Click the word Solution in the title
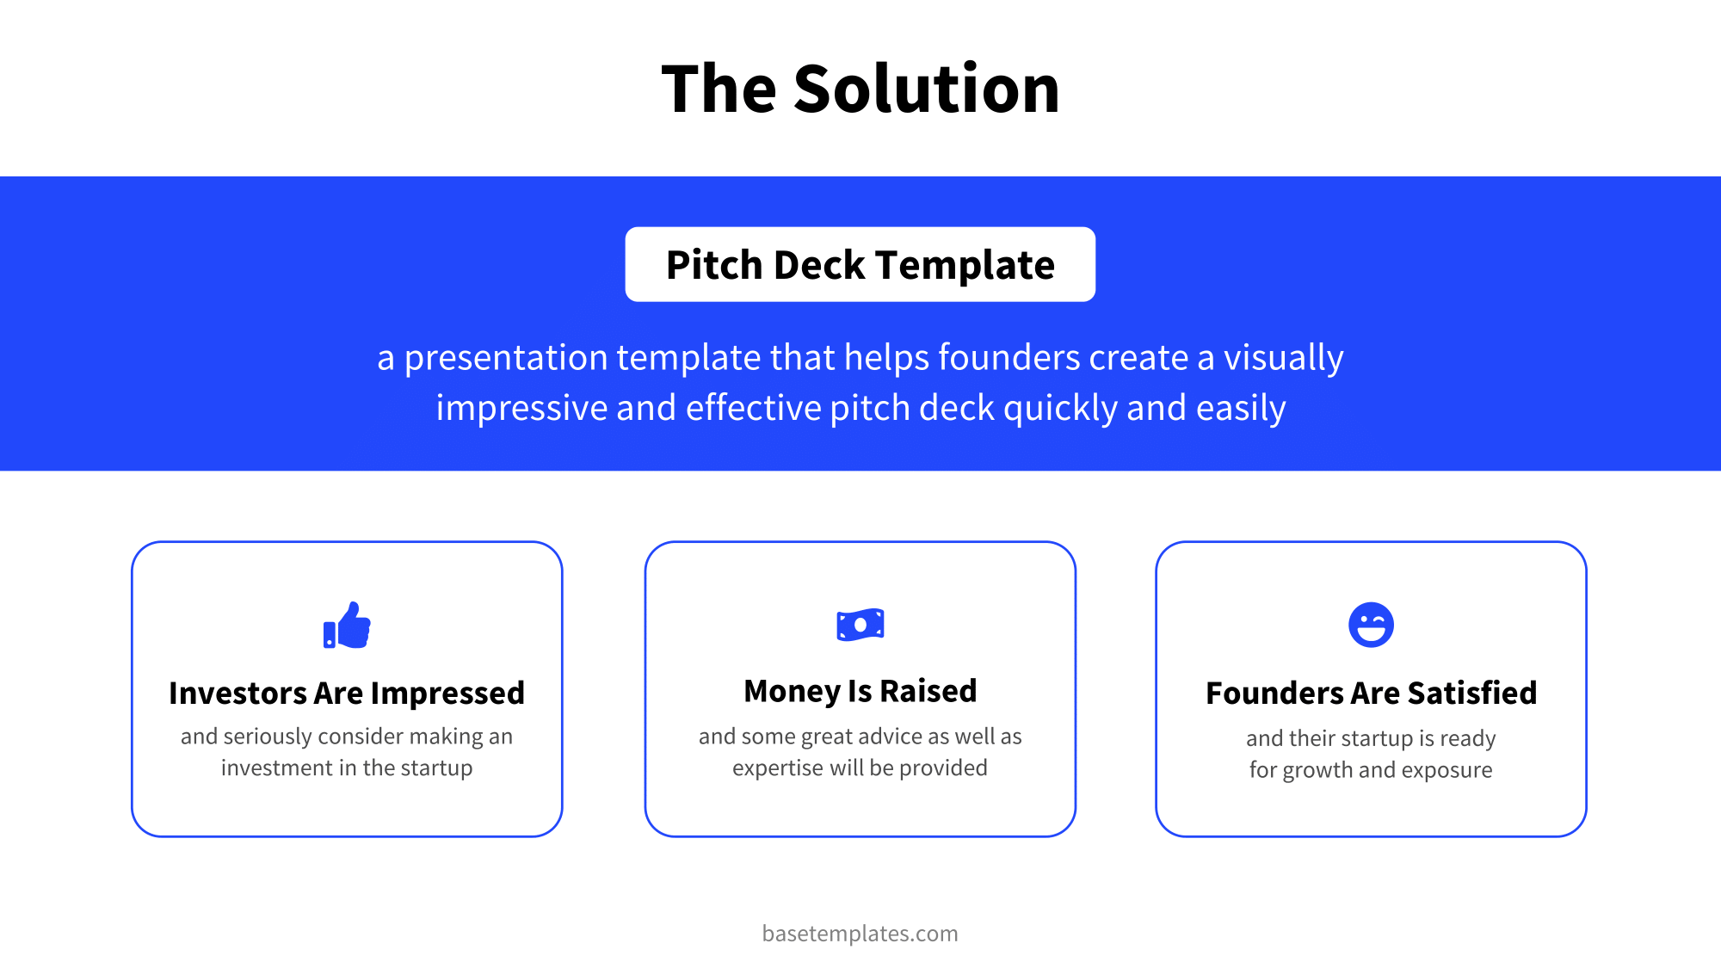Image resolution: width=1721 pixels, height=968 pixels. (x=926, y=89)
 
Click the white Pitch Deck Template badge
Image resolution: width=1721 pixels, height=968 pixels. (x=860, y=264)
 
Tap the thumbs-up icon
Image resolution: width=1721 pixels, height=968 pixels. (x=347, y=626)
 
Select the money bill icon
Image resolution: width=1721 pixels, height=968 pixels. (x=860, y=625)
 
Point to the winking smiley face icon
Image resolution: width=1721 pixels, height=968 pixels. (x=1371, y=625)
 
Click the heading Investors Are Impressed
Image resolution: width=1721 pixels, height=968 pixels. (x=347, y=693)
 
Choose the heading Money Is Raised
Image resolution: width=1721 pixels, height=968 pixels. (x=860, y=691)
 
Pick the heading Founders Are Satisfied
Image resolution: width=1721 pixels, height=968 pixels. (x=1371, y=693)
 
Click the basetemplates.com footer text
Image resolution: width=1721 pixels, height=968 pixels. (x=860, y=934)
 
